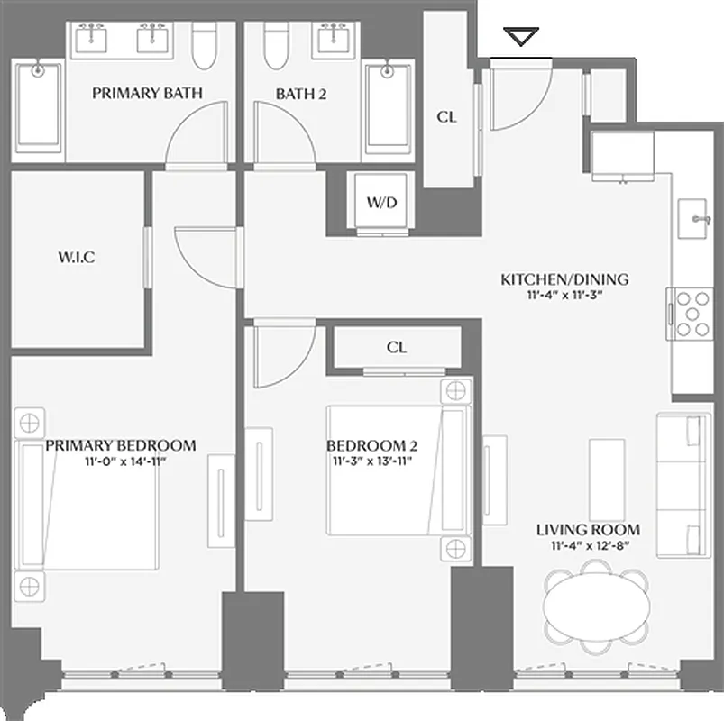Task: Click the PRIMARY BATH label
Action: coord(146,93)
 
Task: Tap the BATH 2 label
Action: coord(300,93)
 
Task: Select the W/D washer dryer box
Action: coord(381,202)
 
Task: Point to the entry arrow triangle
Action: coord(521,37)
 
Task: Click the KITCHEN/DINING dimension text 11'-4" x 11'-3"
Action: coord(564,294)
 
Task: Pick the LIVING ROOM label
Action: coord(588,530)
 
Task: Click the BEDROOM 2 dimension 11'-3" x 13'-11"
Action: coord(371,461)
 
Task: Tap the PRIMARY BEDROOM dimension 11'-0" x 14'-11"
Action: coord(120,461)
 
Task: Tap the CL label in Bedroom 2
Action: coord(396,347)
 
